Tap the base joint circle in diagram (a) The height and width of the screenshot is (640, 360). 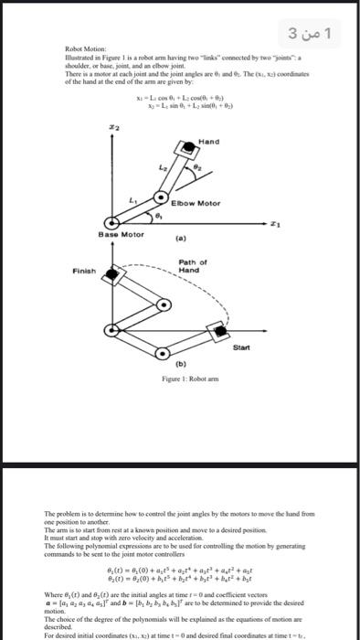pyautogui.click(x=112, y=221)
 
